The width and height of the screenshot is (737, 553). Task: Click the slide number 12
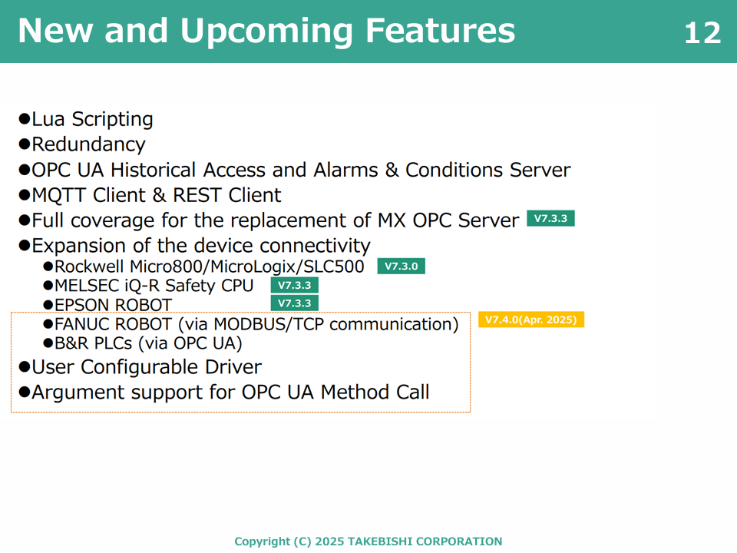[702, 33]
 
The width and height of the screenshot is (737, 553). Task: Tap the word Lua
[48, 119]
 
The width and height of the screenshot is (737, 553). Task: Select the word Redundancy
[88, 145]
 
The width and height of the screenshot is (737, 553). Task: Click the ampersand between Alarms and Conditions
[392, 170]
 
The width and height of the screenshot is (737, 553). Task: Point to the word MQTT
[59, 196]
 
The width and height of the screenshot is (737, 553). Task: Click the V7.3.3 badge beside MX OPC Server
[550, 219]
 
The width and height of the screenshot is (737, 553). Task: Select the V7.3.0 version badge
[401, 267]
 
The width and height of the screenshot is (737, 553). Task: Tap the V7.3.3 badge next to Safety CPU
[294, 286]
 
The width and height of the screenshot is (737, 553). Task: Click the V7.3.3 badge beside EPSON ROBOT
[294, 303]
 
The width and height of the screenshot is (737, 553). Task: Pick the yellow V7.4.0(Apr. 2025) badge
[531, 320]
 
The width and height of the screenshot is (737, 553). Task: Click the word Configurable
[139, 368]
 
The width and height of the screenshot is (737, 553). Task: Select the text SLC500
[334, 267]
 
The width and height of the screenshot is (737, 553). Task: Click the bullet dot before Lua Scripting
[24, 118]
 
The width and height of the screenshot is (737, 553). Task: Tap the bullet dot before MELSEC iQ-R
[48, 286]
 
